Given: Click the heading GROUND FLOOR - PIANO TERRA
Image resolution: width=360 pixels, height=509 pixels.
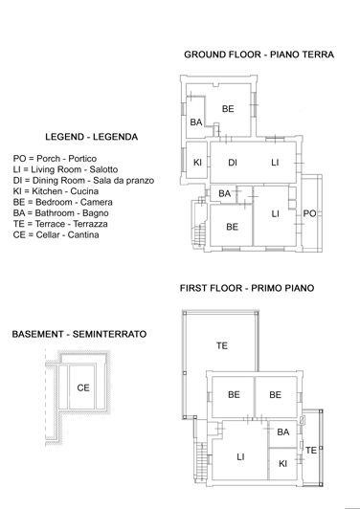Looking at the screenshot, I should tap(259, 55).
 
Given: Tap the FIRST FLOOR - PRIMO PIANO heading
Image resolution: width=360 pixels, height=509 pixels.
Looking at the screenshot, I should tap(247, 287).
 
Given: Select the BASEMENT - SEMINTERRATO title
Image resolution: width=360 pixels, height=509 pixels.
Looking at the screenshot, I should tap(79, 335).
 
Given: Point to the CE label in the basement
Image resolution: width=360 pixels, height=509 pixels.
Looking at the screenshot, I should tap(83, 387).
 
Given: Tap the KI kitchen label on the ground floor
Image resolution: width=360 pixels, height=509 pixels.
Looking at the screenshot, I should tap(196, 163).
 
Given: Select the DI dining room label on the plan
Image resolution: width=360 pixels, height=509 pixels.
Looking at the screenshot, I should tap(233, 163).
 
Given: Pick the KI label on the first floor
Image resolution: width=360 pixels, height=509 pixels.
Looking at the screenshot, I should tap(283, 463).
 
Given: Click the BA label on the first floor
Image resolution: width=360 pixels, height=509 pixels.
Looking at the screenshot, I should tap(283, 433).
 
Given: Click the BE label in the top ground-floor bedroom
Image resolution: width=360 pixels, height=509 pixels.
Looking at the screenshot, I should tap(228, 109).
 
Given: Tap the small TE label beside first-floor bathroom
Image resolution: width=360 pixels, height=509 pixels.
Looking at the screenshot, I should tap(310, 449).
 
